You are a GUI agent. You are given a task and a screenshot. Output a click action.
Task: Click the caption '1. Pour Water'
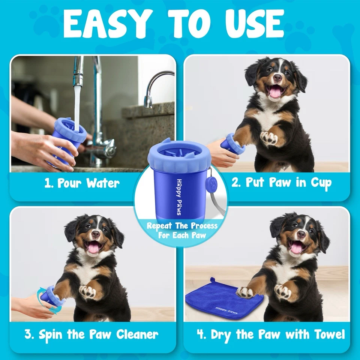click(x=82, y=183)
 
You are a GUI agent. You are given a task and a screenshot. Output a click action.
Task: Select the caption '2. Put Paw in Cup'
click(x=281, y=183)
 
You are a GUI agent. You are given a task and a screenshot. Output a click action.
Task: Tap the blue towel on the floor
click(x=221, y=300)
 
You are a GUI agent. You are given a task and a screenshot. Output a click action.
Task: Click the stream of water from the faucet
click(x=77, y=105)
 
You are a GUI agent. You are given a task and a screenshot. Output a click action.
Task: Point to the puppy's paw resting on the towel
click(x=246, y=292)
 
